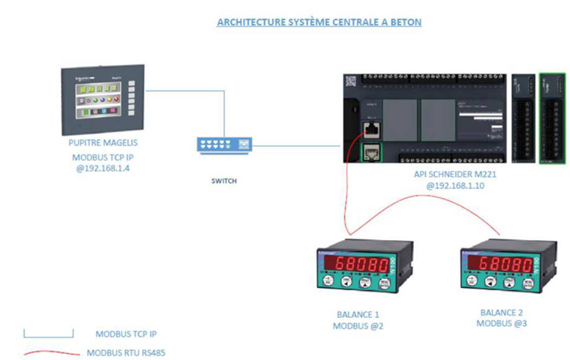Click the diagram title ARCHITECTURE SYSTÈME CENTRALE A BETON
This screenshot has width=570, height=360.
tap(319, 22)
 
